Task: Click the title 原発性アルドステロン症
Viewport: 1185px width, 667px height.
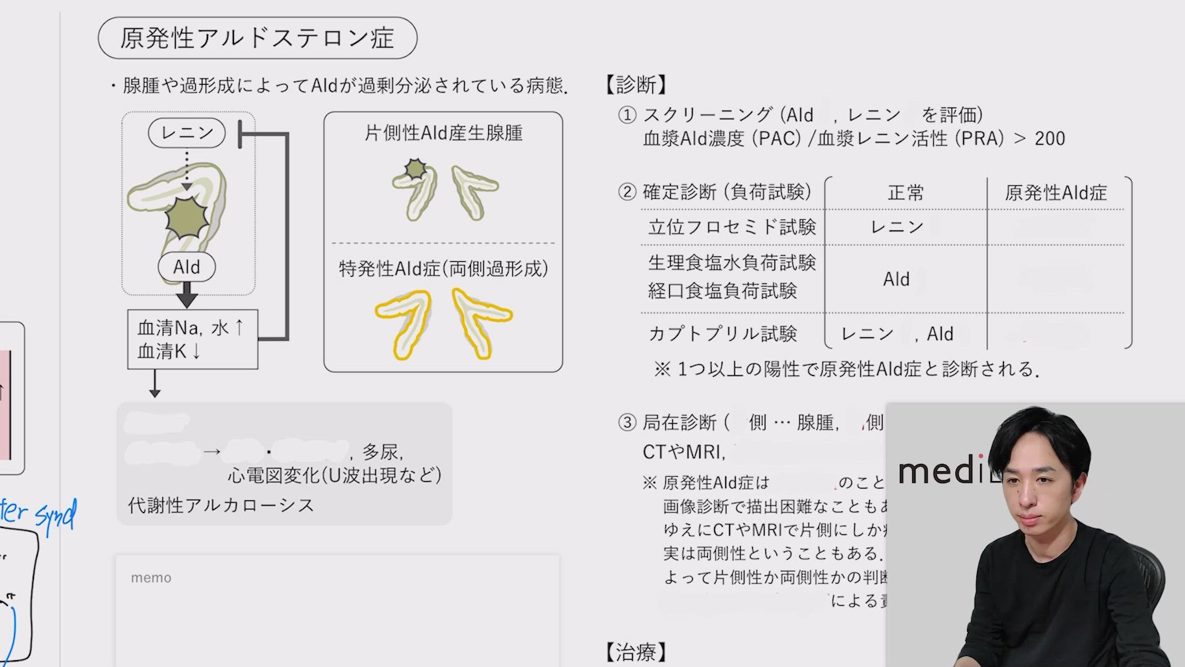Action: [x=257, y=38]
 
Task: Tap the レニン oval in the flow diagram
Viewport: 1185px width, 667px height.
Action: [x=187, y=133]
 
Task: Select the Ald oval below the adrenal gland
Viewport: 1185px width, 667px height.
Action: [x=186, y=267]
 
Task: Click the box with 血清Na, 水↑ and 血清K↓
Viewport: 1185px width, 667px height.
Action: [x=192, y=339]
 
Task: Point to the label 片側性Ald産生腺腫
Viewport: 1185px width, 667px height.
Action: [x=443, y=133]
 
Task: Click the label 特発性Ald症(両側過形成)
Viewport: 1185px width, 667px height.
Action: [x=443, y=269]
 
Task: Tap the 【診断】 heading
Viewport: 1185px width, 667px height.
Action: [x=636, y=85]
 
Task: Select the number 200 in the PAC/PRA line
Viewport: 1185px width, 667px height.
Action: [x=1050, y=138]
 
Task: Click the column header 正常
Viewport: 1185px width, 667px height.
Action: [x=905, y=193]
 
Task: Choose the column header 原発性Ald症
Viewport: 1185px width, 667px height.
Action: [x=1055, y=193]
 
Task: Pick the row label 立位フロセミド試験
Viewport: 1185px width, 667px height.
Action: [x=732, y=227]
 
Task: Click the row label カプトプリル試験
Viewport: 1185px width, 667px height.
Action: [x=723, y=333]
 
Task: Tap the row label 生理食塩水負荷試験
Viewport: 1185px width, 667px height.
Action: [x=732, y=262]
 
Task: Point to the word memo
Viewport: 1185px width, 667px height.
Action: [x=151, y=577]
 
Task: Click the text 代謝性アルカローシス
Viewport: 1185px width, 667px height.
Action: [x=221, y=505]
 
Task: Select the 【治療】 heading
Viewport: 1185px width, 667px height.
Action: [x=636, y=652]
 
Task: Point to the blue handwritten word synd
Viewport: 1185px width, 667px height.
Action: [x=56, y=514]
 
